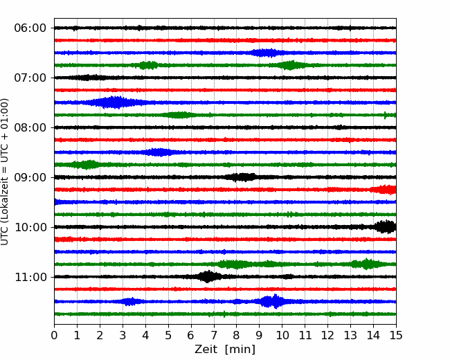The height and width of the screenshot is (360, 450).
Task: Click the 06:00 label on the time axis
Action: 30,28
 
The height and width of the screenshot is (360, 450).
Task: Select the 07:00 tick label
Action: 30,78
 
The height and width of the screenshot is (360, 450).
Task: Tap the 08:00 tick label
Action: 30,128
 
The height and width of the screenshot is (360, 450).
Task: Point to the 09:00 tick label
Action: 30,178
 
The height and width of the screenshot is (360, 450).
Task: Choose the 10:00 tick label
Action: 30,228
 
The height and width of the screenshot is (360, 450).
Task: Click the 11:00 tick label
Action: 30,278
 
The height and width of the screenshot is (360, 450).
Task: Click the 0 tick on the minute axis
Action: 55,336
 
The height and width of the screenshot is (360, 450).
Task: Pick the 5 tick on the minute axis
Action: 168,336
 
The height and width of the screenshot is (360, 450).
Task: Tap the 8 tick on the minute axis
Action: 237,336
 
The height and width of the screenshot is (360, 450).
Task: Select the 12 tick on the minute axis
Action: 327,336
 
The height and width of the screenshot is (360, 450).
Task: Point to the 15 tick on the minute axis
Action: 396,336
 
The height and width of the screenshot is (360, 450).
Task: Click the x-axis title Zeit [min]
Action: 225,350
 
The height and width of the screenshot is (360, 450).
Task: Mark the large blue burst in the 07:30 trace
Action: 114,102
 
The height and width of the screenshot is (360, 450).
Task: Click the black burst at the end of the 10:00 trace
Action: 384,226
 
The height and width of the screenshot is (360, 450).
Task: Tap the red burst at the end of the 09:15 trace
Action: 384,190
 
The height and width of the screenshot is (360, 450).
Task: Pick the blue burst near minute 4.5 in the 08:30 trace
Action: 159,152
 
